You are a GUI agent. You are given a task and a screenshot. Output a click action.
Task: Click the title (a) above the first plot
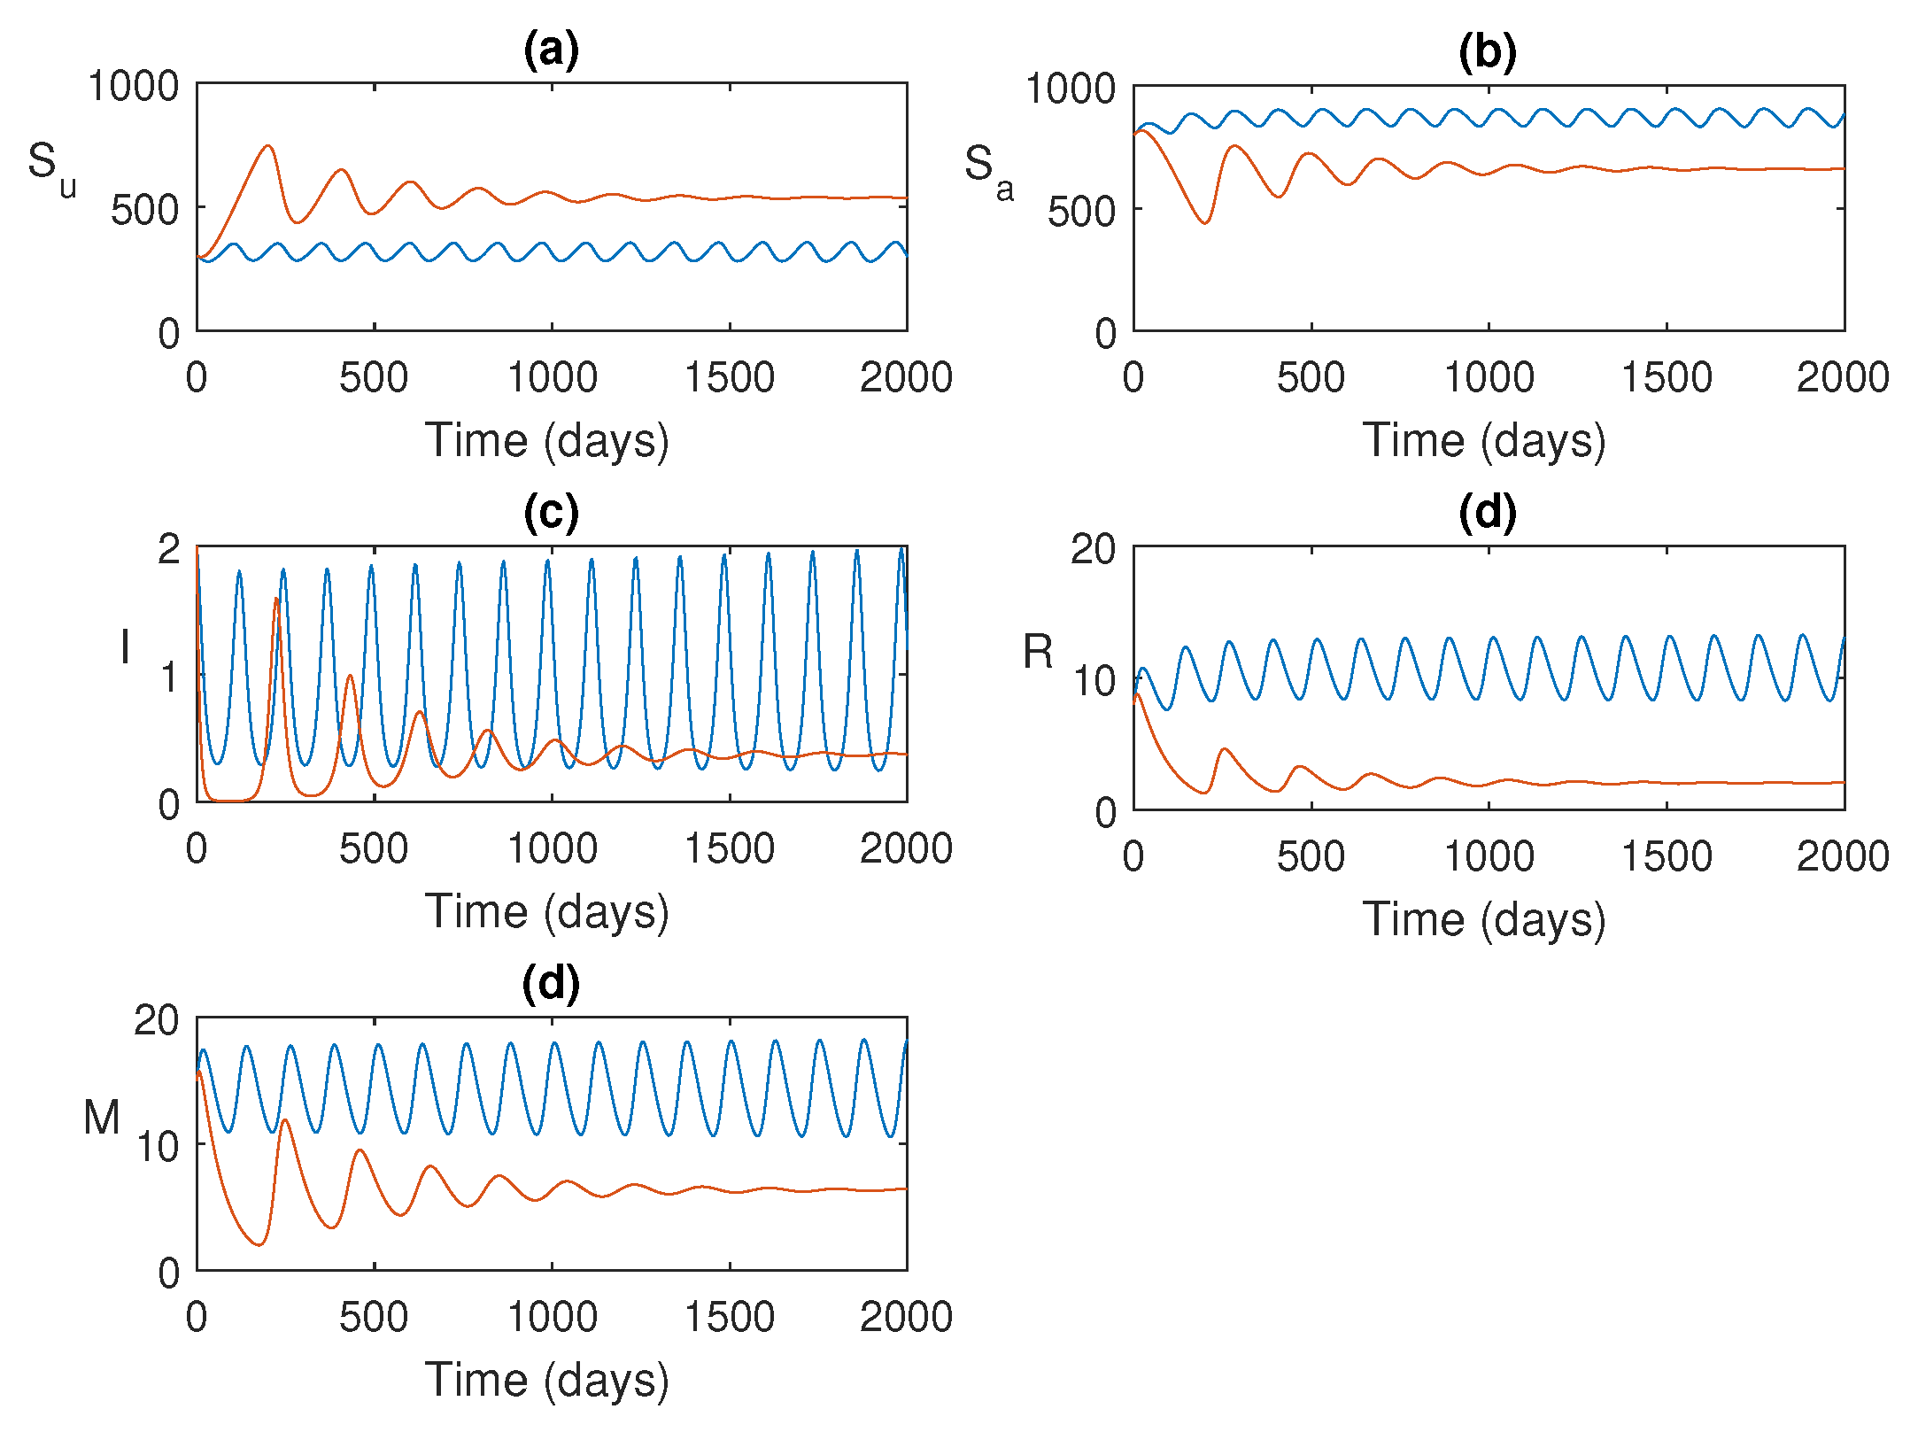tap(551, 50)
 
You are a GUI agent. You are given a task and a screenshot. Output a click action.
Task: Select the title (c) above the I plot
tap(551, 513)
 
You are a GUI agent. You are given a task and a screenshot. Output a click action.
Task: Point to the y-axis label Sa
tap(988, 169)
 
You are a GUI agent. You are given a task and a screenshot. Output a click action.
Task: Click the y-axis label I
tap(125, 646)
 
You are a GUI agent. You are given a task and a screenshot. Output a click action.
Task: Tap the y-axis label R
tap(1038, 653)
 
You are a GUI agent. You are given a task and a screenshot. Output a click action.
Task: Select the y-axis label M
tap(102, 1118)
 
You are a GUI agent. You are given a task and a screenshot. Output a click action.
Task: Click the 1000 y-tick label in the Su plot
tap(133, 87)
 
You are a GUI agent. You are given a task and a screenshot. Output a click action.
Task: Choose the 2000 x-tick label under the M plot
tap(906, 1318)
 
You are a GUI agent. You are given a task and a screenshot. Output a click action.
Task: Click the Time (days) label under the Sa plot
tap(1484, 441)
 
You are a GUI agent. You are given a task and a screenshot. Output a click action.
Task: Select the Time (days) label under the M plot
tap(546, 1381)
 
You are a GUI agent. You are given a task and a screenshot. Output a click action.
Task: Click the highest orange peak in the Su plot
tap(268, 146)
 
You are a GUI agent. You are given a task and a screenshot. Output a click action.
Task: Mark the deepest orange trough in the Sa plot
tap(1205, 222)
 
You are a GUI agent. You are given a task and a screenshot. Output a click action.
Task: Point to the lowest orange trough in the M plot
tap(259, 1244)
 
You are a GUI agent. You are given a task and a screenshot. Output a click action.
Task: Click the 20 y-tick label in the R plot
tap(1093, 550)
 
